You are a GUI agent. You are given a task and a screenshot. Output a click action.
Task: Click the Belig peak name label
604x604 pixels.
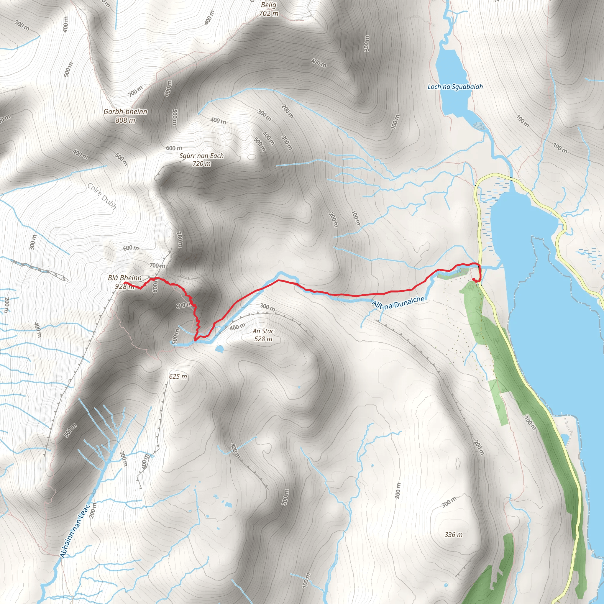269,5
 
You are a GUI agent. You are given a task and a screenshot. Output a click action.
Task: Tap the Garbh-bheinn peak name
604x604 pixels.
125,111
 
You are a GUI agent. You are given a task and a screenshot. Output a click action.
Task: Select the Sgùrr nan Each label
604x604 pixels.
202,156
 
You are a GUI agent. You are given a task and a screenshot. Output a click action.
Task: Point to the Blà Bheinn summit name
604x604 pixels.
125,278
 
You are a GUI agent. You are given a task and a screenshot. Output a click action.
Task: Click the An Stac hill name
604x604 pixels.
263,331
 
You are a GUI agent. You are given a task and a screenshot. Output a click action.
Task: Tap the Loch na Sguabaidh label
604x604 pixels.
455,87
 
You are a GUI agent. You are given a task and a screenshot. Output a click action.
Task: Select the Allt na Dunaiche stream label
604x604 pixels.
398,302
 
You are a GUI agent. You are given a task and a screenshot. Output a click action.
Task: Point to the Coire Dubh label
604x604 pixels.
102,196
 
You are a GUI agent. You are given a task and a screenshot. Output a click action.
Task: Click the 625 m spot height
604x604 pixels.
178,376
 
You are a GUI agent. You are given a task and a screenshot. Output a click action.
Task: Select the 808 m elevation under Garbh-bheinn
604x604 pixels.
125,120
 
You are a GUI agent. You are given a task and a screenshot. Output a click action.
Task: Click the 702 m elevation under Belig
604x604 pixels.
269,14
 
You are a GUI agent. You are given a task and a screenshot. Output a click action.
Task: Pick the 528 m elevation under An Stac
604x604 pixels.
263,339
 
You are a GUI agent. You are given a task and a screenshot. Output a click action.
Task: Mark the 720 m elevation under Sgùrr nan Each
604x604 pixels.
202,163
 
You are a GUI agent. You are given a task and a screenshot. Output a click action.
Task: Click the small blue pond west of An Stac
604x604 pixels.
219,348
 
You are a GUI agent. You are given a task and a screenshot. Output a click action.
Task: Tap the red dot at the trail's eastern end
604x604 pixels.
474,279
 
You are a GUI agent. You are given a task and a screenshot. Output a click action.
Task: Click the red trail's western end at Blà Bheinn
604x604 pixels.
125,283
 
